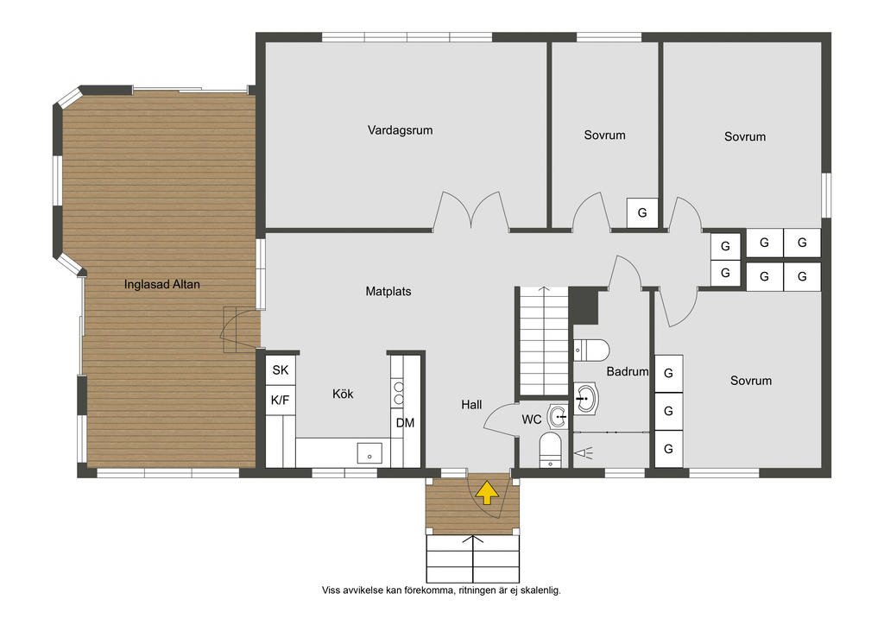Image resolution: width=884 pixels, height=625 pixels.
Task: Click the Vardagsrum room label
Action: (400, 130)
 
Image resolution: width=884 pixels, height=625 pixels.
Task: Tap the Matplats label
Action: (388, 292)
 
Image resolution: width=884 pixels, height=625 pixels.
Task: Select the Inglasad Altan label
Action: (161, 285)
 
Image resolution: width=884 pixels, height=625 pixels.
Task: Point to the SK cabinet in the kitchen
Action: (281, 369)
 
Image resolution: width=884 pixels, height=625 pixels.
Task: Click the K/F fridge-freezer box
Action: (281, 401)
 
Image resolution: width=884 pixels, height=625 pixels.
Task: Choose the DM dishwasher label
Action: (405, 423)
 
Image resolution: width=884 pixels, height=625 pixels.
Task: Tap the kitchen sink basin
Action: (369, 452)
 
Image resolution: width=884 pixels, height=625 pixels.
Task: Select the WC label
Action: (532, 420)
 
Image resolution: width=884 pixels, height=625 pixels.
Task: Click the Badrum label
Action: (628, 371)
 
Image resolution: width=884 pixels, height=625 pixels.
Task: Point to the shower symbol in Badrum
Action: (584, 452)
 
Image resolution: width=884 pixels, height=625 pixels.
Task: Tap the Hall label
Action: (471, 405)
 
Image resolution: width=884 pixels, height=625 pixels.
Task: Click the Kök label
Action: (343, 394)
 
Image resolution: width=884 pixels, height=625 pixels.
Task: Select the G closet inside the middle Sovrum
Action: (642, 212)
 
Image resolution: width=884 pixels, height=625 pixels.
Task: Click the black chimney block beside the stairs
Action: (584, 306)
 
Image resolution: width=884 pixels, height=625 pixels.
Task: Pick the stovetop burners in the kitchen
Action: (398, 393)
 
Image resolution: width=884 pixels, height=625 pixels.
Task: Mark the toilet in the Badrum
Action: (591, 350)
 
